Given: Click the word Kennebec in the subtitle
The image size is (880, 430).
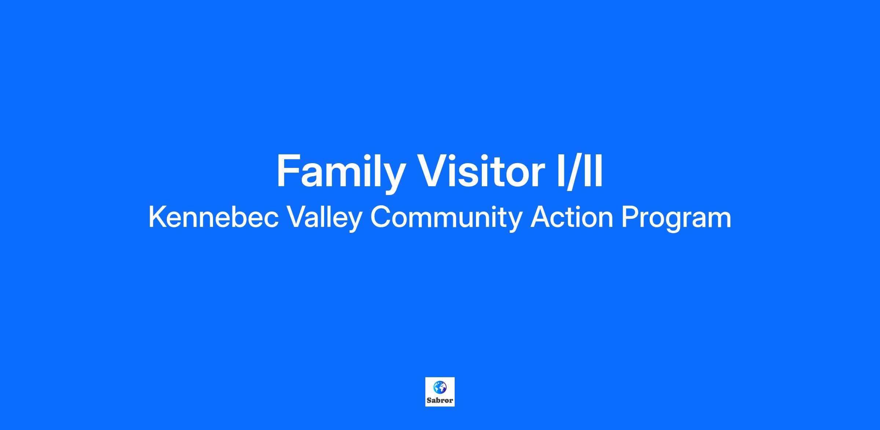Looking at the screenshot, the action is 213,217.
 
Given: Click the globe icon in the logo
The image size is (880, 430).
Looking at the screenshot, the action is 440,387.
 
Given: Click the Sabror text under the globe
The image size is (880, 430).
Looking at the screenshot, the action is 440,400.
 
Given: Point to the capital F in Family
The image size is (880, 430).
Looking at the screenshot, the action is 288,170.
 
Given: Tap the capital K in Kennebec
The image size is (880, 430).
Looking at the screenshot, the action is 158,217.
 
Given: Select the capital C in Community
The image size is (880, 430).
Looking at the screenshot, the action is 381,217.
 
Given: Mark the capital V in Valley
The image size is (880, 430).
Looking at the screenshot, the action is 297,217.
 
